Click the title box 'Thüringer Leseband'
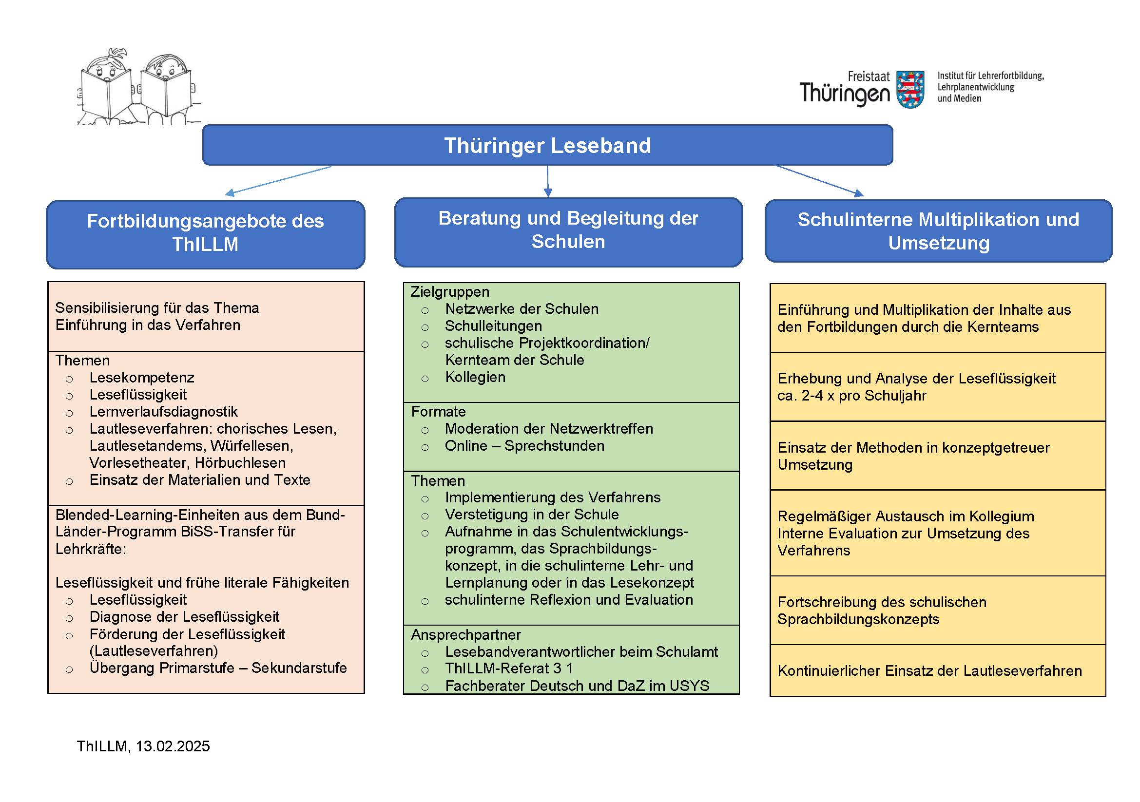547,145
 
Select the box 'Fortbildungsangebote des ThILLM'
205,233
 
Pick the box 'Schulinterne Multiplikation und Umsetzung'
938,231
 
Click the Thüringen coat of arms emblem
910,89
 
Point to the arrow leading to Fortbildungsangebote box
278,180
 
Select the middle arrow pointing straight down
548,181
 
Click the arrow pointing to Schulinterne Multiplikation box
819,180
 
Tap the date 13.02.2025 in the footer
173,746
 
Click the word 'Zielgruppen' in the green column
450,292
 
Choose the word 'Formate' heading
439,411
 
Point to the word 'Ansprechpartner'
466,635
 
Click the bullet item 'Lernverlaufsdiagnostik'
163,411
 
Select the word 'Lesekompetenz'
141,378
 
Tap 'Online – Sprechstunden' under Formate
524,446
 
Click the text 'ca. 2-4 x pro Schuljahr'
851,396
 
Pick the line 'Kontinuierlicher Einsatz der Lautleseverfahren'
929,671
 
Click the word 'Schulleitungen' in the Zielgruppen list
493,326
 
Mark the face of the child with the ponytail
106,70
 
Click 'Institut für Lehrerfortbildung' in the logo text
990,76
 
